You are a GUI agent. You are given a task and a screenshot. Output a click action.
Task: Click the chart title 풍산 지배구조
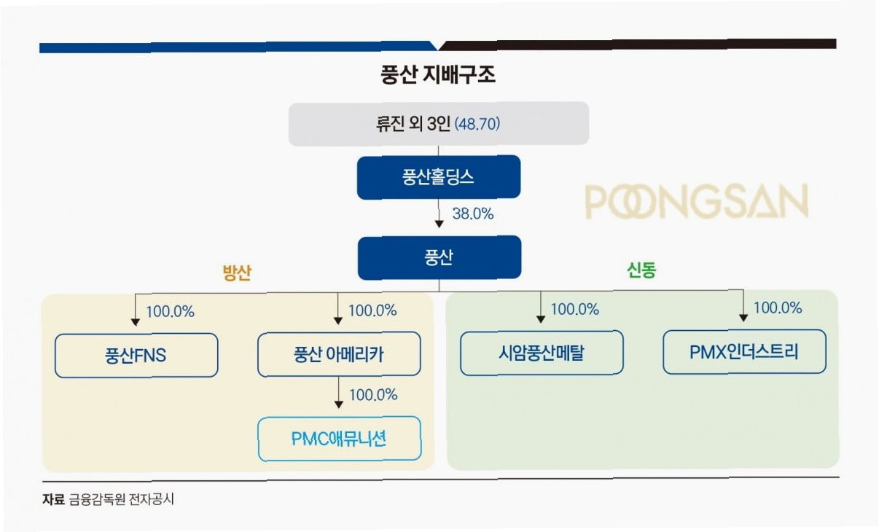[438, 76]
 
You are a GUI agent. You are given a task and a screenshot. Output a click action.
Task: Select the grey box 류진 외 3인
[438, 123]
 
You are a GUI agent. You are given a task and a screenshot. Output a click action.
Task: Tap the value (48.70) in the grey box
[477, 124]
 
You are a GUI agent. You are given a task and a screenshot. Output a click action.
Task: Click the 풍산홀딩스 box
[438, 177]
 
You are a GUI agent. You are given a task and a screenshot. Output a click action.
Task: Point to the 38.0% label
[473, 214]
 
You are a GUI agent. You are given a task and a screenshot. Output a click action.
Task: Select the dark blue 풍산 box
[439, 257]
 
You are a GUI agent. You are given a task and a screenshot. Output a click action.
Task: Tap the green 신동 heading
[641, 270]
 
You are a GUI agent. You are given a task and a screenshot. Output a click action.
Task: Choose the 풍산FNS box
[136, 356]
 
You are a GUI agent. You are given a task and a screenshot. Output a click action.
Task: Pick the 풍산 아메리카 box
[339, 354]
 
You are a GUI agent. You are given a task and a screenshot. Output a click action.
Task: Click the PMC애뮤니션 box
[339, 439]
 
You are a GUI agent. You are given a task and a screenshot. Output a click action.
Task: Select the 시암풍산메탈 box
[541, 353]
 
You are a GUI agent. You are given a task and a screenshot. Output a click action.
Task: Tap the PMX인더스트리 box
[744, 352]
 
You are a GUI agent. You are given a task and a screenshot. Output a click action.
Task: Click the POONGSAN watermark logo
[696, 202]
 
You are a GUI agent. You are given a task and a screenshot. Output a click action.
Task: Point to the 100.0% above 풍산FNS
[171, 311]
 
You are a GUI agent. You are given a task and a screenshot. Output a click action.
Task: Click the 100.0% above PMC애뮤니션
[373, 395]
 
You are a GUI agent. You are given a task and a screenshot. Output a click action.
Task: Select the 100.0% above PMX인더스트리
[778, 308]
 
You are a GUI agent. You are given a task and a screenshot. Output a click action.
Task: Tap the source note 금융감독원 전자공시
[122, 500]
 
